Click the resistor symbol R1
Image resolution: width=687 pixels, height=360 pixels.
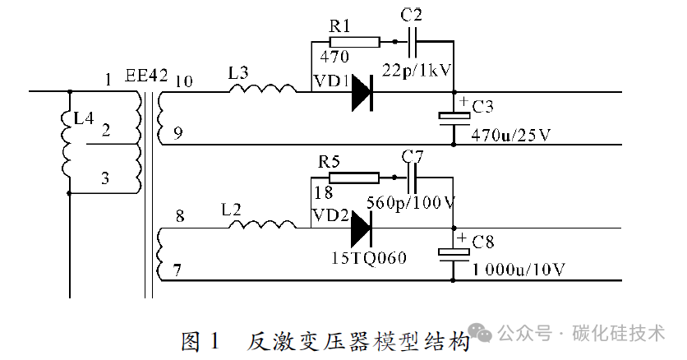[x=354, y=42]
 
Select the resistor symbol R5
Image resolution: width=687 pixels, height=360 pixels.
[x=354, y=178]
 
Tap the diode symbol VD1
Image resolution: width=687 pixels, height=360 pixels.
[x=362, y=92]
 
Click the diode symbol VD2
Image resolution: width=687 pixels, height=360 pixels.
[x=361, y=228]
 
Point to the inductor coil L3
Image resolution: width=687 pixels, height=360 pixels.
[x=263, y=88]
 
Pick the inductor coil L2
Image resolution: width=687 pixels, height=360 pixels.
[x=263, y=224]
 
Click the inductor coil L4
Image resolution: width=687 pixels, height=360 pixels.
[x=67, y=142]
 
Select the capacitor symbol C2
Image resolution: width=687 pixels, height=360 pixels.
[x=413, y=42]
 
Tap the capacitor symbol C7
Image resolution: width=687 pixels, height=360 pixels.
[x=412, y=178]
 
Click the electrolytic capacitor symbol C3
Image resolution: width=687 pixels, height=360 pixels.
[x=454, y=118]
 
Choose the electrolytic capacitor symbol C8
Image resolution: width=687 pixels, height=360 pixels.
[x=454, y=255]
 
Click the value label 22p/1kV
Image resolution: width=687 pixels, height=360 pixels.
[x=417, y=70]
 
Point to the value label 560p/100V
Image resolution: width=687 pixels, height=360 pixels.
[x=411, y=203]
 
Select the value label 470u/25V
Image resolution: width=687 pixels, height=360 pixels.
[x=511, y=136]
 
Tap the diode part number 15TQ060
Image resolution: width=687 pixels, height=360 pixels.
[x=368, y=257]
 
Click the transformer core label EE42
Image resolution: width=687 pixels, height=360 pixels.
[x=146, y=76]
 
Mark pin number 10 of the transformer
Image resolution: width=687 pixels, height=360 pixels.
[x=184, y=81]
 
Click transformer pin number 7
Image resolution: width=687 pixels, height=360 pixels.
[x=177, y=270]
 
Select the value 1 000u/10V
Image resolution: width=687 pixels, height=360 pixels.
[x=519, y=269]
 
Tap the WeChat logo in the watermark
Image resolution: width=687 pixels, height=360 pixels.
[x=480, y=333]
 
